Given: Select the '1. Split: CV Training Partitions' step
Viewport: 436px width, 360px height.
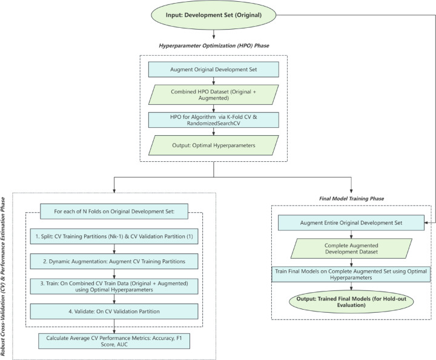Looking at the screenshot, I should pos(114,234).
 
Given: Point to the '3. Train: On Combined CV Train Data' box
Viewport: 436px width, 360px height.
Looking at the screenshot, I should pos(114,286).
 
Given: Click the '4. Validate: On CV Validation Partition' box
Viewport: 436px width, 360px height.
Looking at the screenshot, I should pos(114,312).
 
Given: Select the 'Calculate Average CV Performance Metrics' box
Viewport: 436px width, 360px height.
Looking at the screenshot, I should pos(114,341).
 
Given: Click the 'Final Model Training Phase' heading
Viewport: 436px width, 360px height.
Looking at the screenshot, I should pos(352,198).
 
